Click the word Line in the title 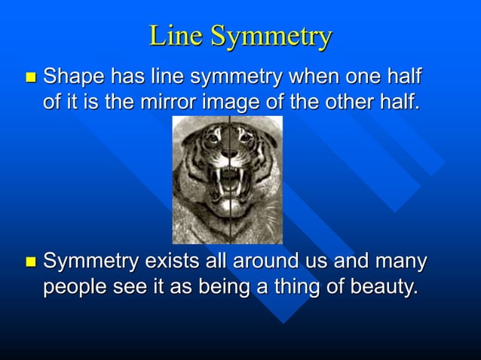click(176, 35)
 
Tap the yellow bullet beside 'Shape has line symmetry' click(30, 78)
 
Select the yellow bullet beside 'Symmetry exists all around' click(30, 263)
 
